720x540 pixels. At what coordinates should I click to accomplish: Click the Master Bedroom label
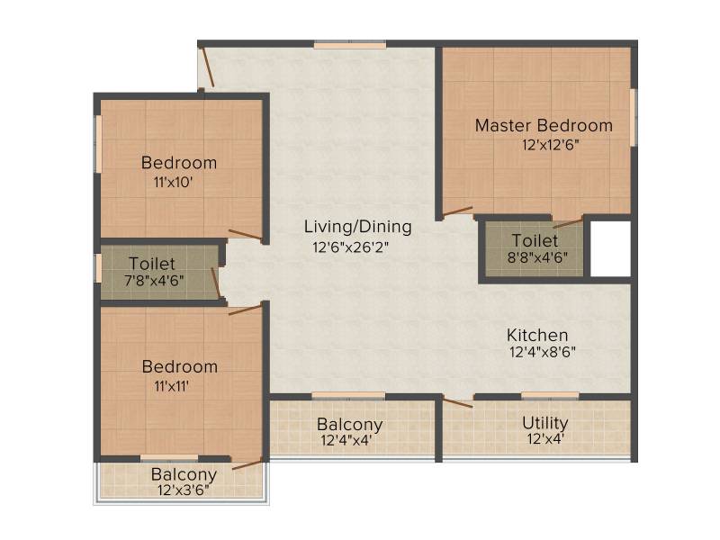(544, 125)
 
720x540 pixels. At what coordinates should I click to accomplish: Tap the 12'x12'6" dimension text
(551, 145)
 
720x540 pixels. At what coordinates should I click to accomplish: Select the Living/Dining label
(357, 227)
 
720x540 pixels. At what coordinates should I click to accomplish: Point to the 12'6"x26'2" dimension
(351, 247)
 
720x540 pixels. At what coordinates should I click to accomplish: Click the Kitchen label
(537, 335)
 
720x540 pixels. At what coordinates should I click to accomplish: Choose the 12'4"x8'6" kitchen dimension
(543, 353)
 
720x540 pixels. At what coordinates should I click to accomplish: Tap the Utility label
(545, 423)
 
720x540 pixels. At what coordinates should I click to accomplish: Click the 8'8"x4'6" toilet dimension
(537, 257)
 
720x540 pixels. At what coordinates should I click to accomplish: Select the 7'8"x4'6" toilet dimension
(155, 280)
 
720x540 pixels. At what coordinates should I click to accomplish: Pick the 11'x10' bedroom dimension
(173, 183)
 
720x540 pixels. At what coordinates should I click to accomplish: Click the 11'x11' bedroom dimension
(171, 386)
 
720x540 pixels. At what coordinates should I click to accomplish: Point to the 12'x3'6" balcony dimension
(184, 490)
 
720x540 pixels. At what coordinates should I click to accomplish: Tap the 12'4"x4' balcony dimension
(346, 441)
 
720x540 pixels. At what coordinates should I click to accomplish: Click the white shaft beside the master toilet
(610, 249)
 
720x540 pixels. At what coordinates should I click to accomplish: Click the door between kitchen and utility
(458, 402)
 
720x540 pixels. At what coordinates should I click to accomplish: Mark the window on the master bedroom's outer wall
(634, 118)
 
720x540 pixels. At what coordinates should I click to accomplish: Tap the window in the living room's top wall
(350, 45)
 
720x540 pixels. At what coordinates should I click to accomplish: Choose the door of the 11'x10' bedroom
(246, 235)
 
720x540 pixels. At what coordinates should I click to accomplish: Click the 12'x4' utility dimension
(545, 439)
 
